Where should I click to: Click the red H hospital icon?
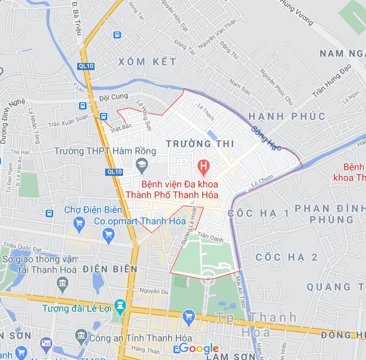click(x=203, y=165)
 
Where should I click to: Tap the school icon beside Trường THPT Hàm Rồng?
click(x=142, y=163)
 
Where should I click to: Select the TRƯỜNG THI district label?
click(x=200, y=144)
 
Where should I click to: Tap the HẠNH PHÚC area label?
click(x=287, y=116)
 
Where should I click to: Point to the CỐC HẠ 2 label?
click(x=287, y=257)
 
